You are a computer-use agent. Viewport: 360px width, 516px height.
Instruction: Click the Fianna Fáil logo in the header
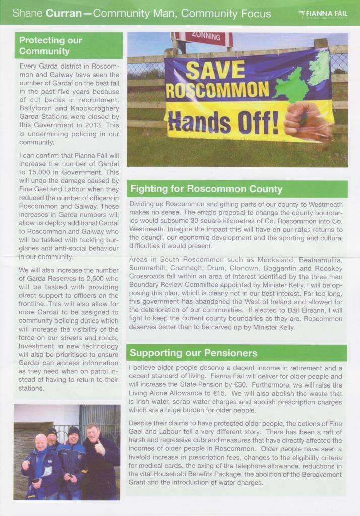[x=323, y=14]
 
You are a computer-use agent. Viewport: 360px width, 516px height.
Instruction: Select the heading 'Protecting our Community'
[x=50, y=45]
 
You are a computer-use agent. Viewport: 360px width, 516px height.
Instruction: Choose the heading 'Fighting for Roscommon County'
[x=206, y=189]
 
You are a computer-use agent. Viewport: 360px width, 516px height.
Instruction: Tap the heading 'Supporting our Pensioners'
[x=194, y=353]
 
